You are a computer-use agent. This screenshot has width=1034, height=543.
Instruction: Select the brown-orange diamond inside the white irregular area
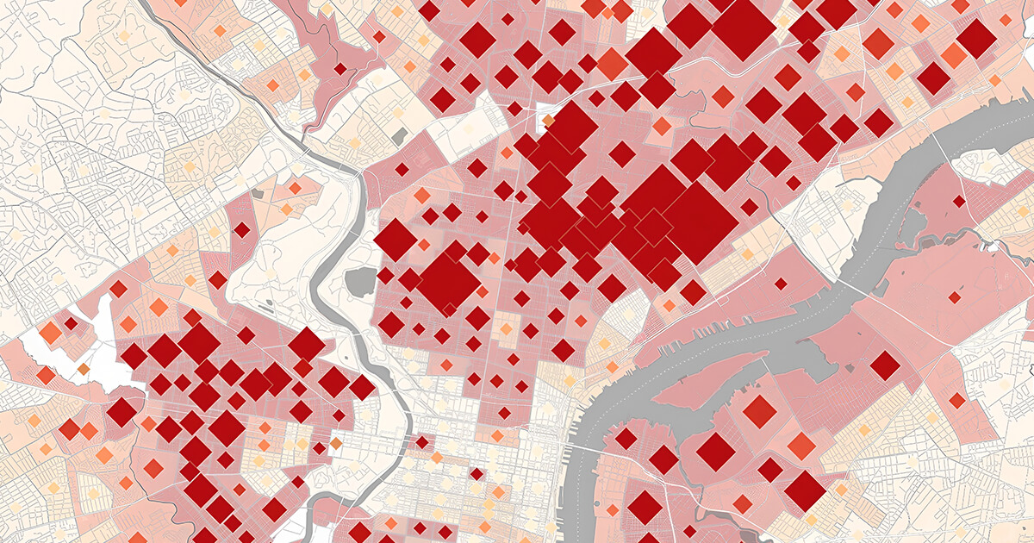(x=84, y=369)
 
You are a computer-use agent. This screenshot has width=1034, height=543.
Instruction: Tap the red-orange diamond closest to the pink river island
(x=759, y=411)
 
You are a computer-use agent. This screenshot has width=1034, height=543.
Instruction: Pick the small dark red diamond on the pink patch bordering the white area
(x=71, y=323)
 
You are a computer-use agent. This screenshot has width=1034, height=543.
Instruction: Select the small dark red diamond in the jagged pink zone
(x=339, y=69)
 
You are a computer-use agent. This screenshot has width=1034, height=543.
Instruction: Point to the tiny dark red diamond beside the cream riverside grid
(x=422, y=442)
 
